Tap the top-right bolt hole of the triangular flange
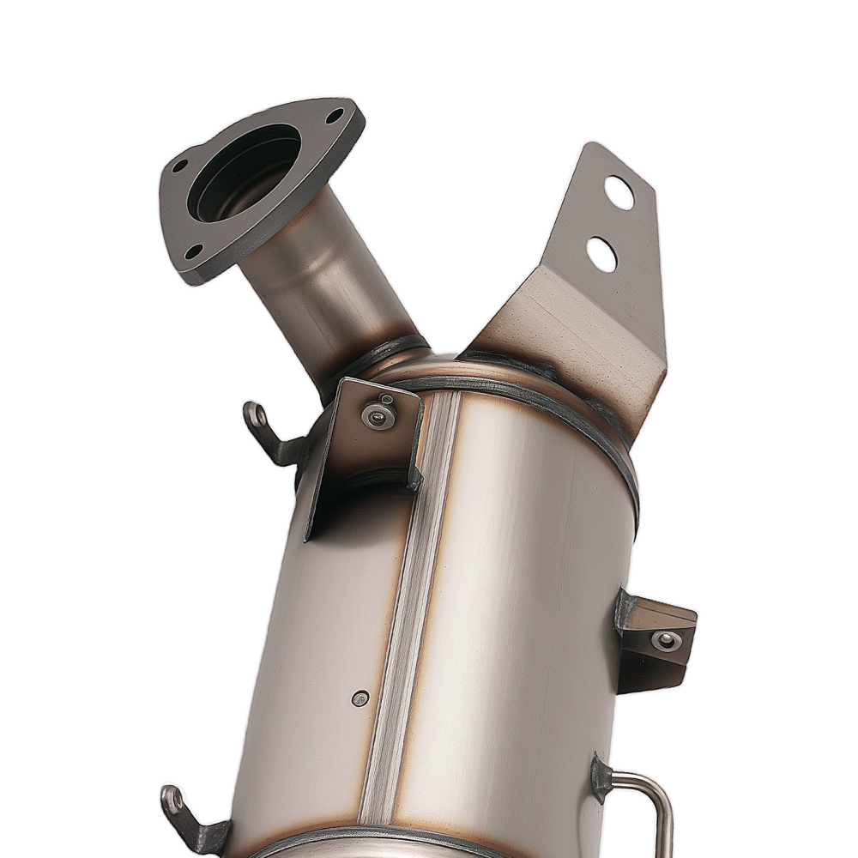tap(334, 115)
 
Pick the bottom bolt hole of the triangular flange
tap(194, 251)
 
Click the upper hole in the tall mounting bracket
tap(618, 192)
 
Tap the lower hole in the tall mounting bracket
tap(601, 254)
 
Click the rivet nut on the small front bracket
tap(378, 416)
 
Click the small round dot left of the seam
tap(360, 698)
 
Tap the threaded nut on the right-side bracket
tap(665, 640)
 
